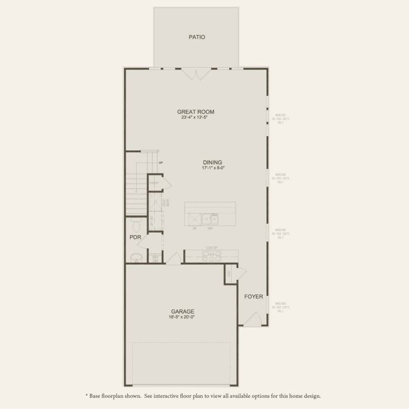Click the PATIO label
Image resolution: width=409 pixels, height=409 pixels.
(196, 37)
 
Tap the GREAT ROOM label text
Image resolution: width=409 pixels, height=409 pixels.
(195, 112)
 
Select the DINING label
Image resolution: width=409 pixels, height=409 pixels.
(213, 163)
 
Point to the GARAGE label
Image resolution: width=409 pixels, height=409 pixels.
(183, 311)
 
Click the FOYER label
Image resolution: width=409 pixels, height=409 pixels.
(254, 296)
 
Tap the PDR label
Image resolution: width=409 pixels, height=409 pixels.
(135, 237)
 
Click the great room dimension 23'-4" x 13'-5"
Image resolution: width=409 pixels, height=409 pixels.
(195, 118)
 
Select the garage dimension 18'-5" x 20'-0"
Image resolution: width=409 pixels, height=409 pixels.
(183, 317)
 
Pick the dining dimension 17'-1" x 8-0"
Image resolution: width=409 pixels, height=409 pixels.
(213, 168)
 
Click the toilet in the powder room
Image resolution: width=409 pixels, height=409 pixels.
(136, 226)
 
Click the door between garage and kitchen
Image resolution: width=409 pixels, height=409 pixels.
(173, 258)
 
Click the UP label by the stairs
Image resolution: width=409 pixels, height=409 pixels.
(161, 163)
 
